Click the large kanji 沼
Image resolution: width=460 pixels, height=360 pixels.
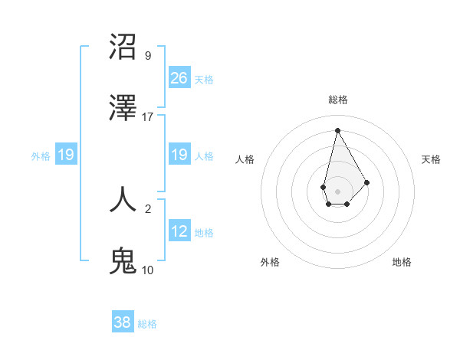[123, 47]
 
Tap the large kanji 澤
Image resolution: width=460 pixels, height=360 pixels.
[123, 109]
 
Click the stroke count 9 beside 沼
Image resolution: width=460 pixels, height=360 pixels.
[148, 55]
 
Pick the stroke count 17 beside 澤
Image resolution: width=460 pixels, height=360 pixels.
[148, 117]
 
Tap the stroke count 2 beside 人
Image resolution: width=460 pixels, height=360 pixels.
[148, 208]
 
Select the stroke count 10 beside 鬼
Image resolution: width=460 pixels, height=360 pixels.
[148, 270]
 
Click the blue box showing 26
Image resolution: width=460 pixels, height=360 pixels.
[179, 77]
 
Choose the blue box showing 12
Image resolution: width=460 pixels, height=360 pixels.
[179, 231]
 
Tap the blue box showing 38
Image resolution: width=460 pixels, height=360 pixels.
[123, 322]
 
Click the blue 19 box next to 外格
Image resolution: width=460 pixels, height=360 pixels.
[66, 155]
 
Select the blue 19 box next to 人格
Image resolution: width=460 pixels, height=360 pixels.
[179, 155]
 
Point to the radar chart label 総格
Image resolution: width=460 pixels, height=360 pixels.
[338, 100]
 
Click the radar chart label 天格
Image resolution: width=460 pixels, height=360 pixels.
[431, 159]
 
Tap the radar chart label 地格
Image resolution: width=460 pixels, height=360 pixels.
[402, 262]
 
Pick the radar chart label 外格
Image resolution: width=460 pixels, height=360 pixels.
[270, 262]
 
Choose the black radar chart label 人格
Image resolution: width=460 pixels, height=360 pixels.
[245, 159]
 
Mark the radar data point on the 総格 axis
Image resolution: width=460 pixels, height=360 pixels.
[337, 129]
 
